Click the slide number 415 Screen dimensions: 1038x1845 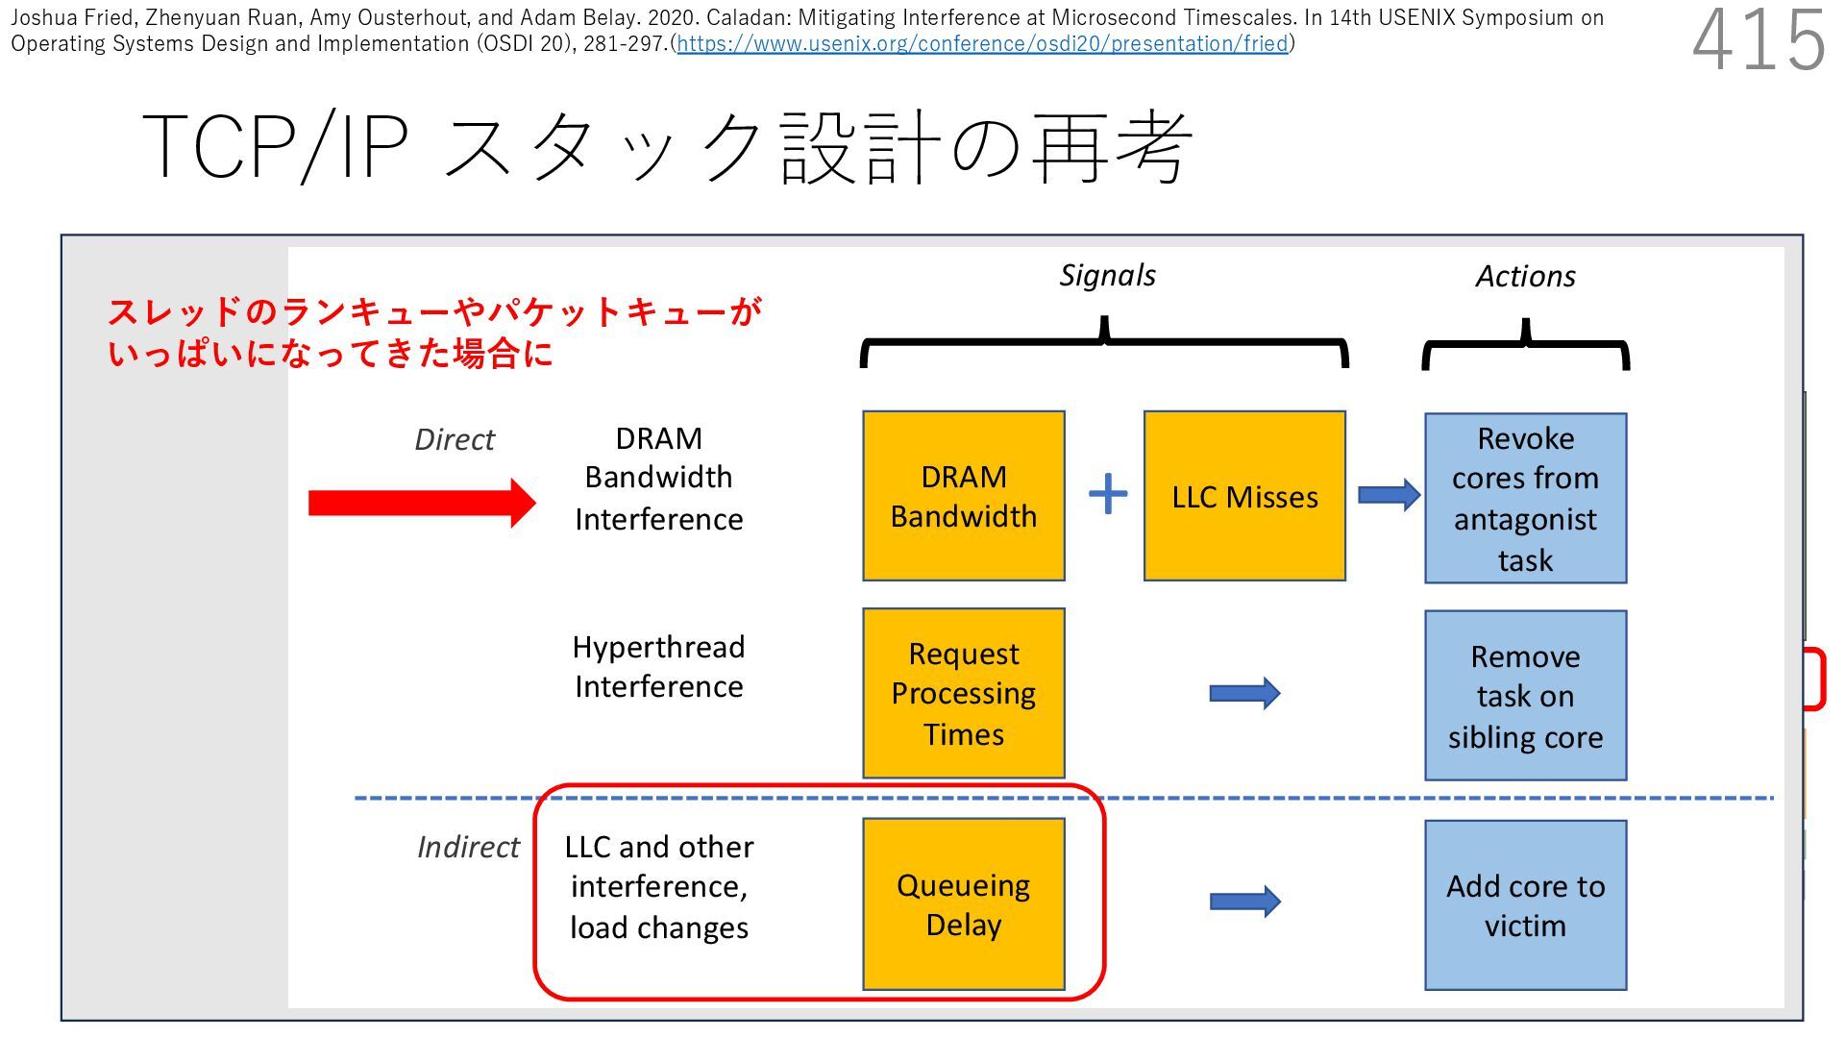1758,40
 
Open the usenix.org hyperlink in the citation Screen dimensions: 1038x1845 982,44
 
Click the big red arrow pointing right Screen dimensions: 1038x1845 421,503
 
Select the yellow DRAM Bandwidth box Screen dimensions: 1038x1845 963,496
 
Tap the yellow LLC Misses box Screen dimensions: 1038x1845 1244,496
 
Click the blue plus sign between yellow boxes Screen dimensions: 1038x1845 1107,494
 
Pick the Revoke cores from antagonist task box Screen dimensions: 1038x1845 1525,498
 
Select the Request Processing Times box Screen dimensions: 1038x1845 963,693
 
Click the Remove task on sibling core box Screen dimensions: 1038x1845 1525,695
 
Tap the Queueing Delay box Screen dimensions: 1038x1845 963,903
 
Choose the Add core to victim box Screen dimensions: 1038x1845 1525,904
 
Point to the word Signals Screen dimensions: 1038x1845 1107,276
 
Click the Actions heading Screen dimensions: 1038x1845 1525,277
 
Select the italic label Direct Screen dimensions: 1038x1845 455,439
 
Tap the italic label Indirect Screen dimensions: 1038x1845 468,847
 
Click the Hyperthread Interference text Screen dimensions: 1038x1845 658,666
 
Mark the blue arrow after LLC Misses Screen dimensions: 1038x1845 1389,495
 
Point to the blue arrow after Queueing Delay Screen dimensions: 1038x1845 1244,902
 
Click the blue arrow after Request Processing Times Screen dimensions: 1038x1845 1244,693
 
